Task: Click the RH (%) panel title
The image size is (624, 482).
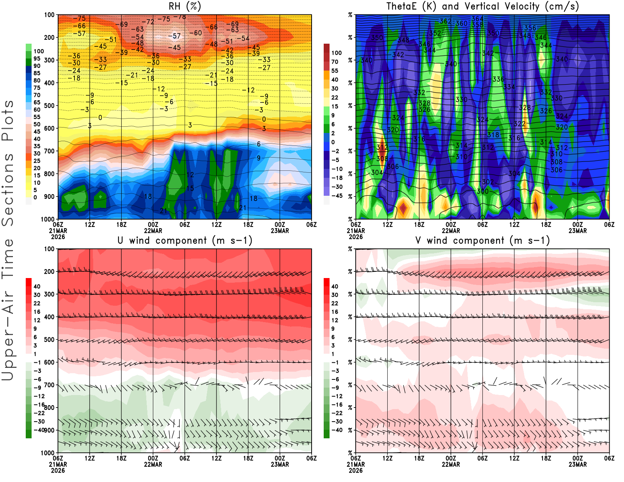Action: (184, 6)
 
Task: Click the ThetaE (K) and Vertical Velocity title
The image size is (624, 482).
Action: (482, 6)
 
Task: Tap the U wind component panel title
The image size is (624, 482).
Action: (185, 240)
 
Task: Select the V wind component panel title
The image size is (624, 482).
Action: (482, 240)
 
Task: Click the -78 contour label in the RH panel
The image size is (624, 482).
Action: (179, 17)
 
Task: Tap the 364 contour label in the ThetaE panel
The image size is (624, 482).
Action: (477, 19)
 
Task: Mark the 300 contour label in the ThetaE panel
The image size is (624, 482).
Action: (482, 191)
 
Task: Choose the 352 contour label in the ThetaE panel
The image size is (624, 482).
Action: (435, 33)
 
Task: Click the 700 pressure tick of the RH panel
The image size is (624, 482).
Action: (49, 151)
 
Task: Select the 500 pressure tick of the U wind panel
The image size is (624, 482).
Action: (49, 340)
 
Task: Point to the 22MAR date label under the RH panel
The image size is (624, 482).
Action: (153, 230)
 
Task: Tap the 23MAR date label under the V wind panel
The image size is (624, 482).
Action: (578, 464)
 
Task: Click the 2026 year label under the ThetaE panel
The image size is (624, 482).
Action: (356, 237)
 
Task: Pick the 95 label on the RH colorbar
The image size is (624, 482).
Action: (37, 58)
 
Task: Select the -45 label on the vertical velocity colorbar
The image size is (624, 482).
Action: (337, 196)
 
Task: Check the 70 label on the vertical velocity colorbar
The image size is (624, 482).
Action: (335, 62)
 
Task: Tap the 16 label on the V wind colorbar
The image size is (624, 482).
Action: (335, 312)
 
